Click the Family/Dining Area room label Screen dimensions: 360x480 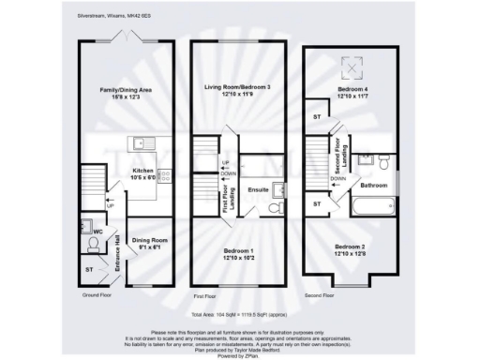125,92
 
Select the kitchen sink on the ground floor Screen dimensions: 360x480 142,144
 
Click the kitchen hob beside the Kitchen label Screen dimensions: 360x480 162,174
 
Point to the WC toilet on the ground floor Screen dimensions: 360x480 92,244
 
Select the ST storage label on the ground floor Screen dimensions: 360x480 90,269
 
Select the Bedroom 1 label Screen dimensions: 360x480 237,252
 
